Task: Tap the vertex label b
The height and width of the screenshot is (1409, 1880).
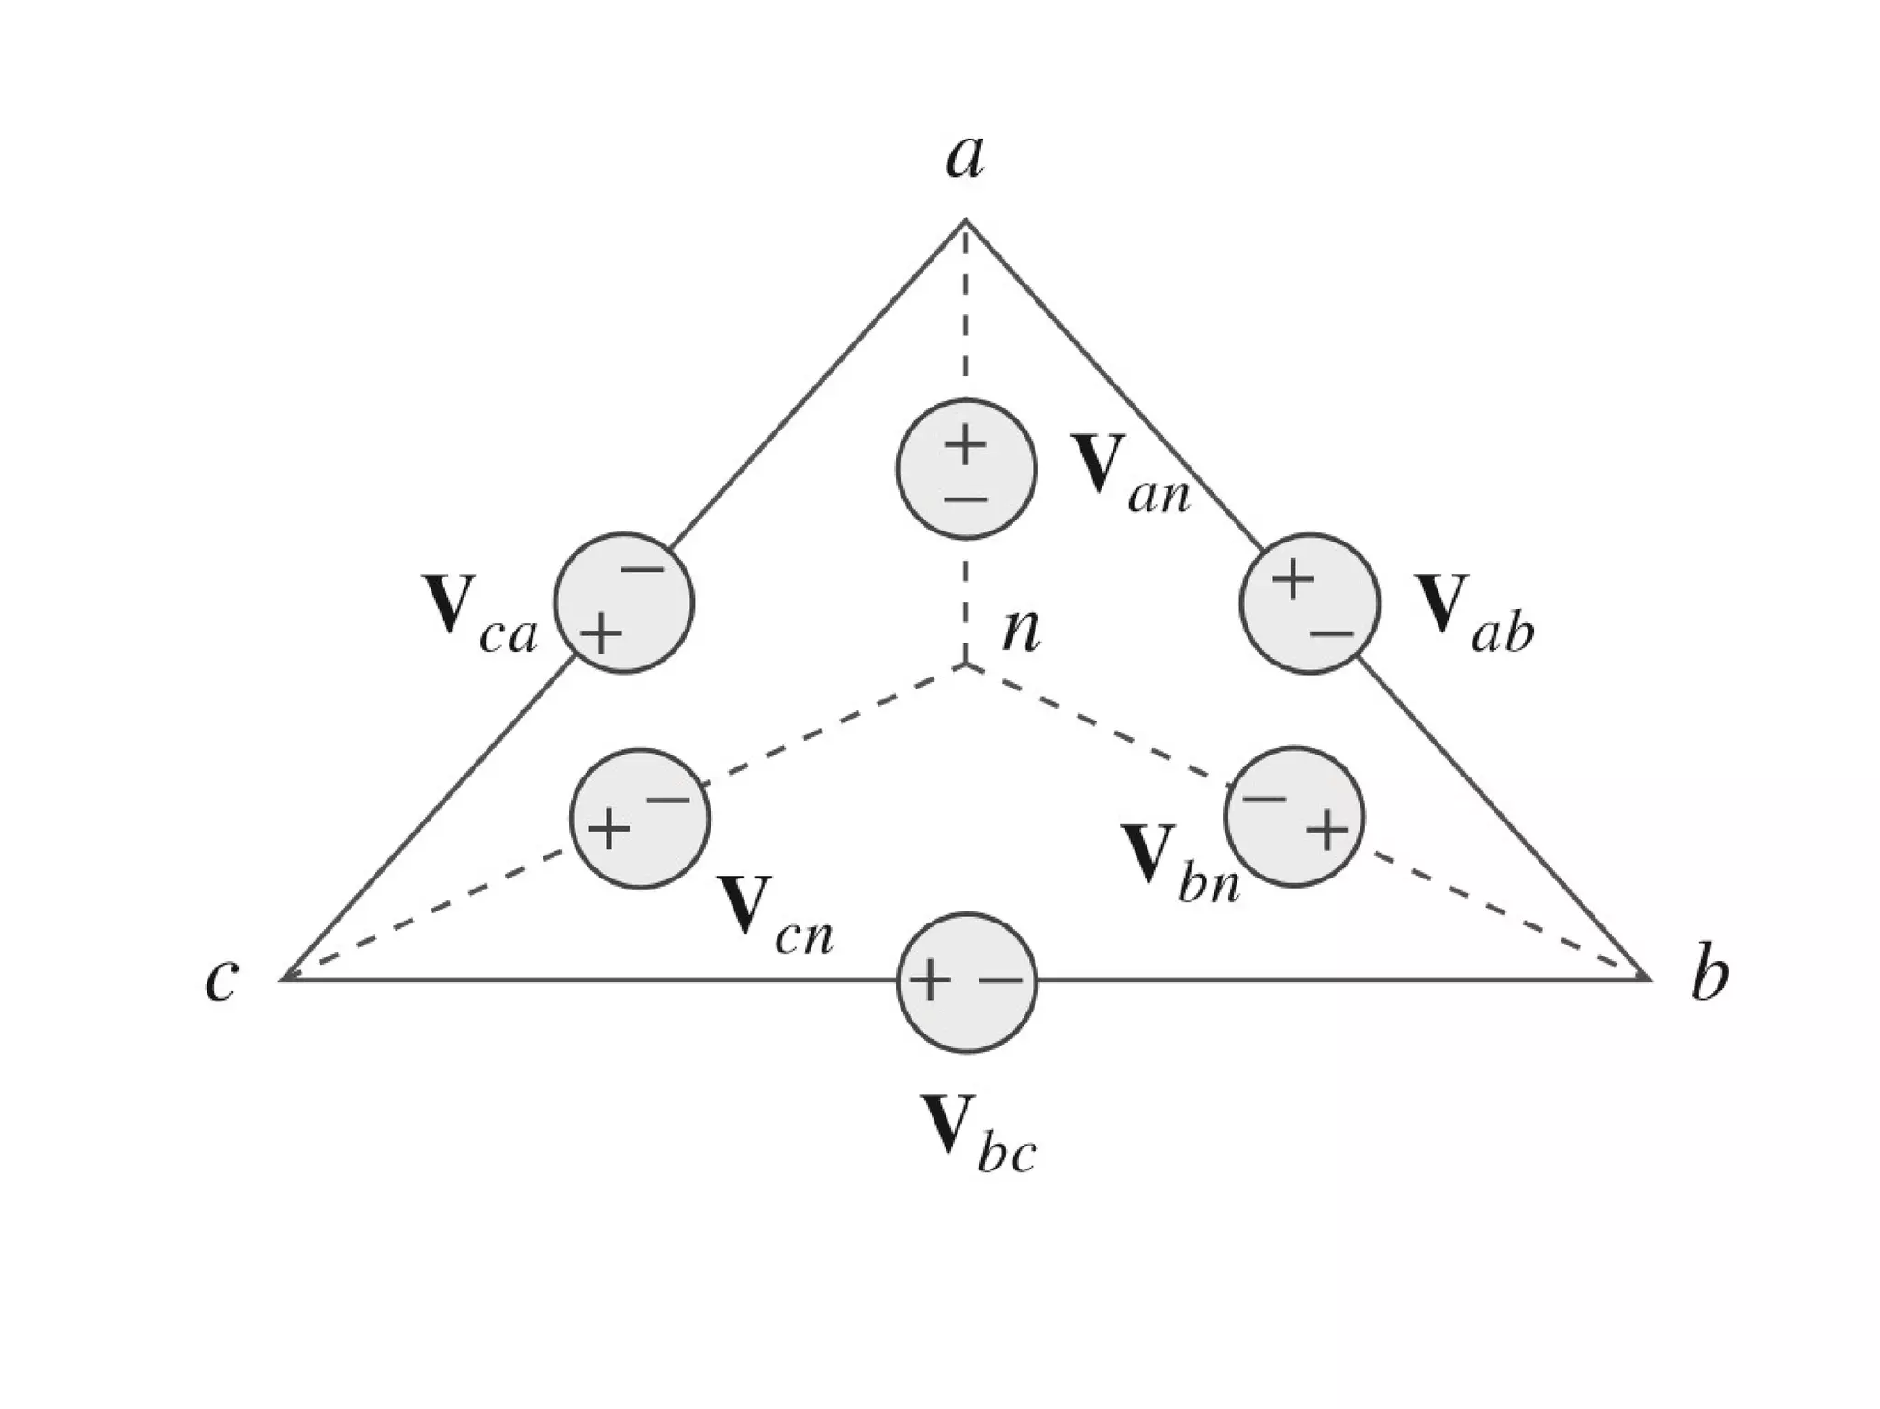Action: point(1709,977)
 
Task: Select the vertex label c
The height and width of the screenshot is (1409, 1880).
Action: point(221,978)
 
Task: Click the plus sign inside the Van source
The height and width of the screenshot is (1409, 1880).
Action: point(965,447)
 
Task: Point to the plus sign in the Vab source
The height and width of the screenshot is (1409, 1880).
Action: point(1292,580)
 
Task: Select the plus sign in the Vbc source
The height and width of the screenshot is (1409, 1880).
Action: point(929,980)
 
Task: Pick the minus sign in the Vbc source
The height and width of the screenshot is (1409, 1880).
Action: point(1001,981)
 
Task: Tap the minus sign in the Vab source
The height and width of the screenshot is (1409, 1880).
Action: point(1331,634)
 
